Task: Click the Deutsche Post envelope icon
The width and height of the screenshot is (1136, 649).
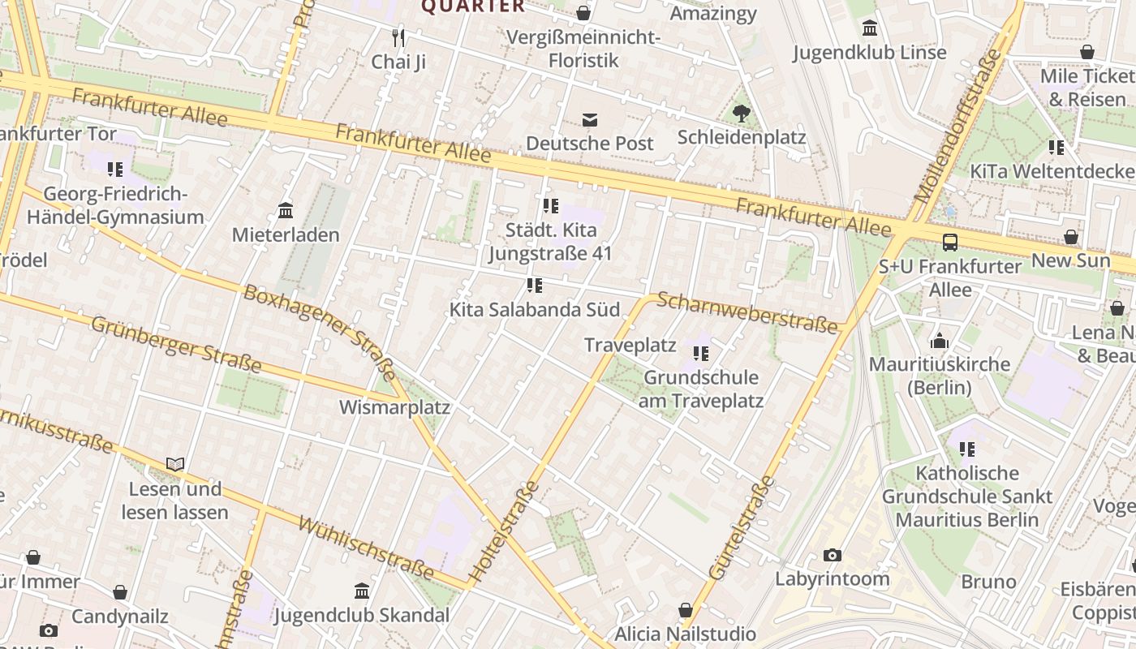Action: click(x=590, y=120)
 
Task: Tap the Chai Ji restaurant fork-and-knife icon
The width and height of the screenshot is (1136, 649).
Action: click(x=398, y=37)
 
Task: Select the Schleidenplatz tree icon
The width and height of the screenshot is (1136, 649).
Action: click(x=741, y=113)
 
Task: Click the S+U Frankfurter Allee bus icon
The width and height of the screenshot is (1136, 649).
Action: click(x=949, y=242)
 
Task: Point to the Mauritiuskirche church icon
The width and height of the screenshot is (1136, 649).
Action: click(x=940, y=341)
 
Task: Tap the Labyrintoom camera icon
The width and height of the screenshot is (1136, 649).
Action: click(x=832, y=556)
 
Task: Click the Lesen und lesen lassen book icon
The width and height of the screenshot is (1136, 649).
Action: click(x=175, y=465)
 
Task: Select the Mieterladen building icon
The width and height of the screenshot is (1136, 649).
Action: click(x=286, y=211)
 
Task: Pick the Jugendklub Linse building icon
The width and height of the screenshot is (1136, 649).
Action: click(x=870, y=28)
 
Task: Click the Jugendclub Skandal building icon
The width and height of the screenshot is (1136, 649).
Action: click(x=362, y=591)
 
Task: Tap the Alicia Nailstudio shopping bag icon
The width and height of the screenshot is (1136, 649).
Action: click(x=686, y=610)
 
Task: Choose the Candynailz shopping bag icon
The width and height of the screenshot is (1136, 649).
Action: click(x=120, y=592)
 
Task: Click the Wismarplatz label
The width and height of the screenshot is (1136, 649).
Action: click(x=394, y=406)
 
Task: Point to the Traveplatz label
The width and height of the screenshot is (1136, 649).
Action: click(x=630, y=345)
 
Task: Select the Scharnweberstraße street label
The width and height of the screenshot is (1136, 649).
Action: click(x=747, y=312)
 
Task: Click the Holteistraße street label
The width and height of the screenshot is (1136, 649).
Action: click(x=504, y=531)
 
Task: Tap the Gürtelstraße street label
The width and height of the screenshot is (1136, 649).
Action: click(x=742, y=527)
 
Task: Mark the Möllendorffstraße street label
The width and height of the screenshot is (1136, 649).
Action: click(x=958, y=127)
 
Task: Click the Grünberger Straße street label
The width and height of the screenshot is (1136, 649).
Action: click(x=176, y=345)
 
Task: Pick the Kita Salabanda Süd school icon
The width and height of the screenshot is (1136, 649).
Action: click(x=534, y=286)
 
